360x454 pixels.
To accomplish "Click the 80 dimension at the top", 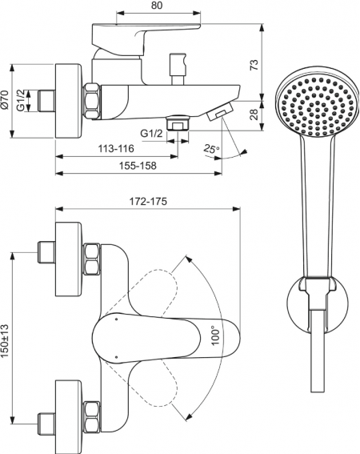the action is coord(157,5).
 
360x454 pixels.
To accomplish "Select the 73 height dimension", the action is coord(254,65).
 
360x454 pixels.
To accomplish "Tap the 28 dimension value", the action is coord(254,115).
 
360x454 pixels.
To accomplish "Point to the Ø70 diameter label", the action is coord(5,99).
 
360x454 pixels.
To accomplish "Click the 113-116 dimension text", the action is coord(116,149).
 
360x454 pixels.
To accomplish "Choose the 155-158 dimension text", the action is coord(138,166).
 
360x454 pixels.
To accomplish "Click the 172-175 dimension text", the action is coord(148,201).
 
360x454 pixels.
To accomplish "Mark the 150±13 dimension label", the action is coord(5,340).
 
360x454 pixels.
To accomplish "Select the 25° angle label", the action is coord(211,149).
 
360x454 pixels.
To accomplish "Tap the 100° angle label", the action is coord(215,335).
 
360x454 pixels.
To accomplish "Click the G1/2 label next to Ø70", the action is coord(21,100).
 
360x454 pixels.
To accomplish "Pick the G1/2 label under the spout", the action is coord(151,134).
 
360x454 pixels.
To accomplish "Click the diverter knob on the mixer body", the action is coord(178,69).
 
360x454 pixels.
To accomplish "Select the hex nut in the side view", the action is coord(92,101).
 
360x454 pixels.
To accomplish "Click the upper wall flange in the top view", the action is coord(69,259).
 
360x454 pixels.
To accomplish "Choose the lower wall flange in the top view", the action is coord(69,417).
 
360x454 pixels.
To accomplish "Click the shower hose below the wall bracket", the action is coord(318,351).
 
